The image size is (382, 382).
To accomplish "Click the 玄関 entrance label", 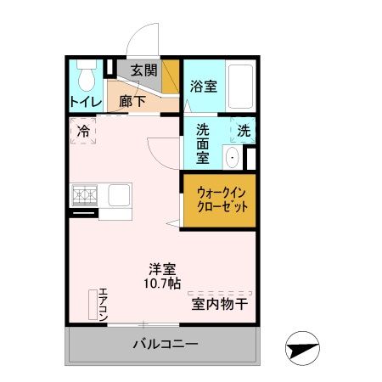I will pos(143,70).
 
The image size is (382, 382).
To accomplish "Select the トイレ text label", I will pos(85,102).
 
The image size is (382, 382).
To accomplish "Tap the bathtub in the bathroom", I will pos(241,87).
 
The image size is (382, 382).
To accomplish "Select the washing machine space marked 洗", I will pos(244,132).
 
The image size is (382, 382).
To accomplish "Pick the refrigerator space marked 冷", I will pos(84,132).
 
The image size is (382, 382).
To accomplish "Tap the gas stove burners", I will pos(85,195).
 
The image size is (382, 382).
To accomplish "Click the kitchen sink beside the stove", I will pos(116,194).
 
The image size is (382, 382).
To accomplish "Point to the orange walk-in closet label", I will pos(218,200).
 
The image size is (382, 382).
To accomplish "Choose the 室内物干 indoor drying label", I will pos(219,303).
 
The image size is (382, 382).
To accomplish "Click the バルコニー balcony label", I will pos(165,345).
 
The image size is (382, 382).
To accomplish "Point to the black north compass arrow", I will pos(304,348).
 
